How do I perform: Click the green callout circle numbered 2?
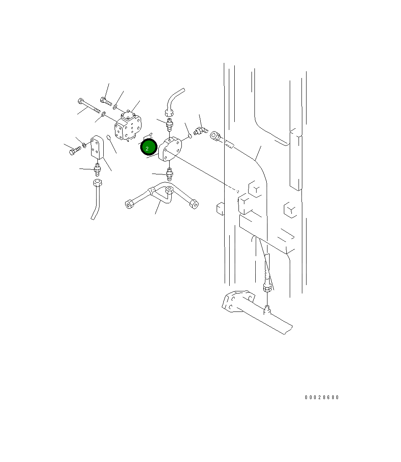tap(148, 148)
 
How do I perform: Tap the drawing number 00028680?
tap(322, 397)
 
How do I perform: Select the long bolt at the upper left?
tap(89, 106)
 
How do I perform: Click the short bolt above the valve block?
tap(105, 101)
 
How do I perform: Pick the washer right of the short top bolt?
tap(115, 108)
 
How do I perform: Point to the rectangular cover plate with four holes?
tap(97, 147)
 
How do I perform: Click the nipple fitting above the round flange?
tap(170, 125)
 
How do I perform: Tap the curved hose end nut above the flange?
tap(169, 112)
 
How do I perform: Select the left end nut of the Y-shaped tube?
tap(129, 204)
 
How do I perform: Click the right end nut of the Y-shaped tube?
tap(194, 204)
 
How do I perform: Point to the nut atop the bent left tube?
tap(98, 183)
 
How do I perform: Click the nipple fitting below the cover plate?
tap(97, 169)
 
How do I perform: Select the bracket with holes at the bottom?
tap(237, 301)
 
